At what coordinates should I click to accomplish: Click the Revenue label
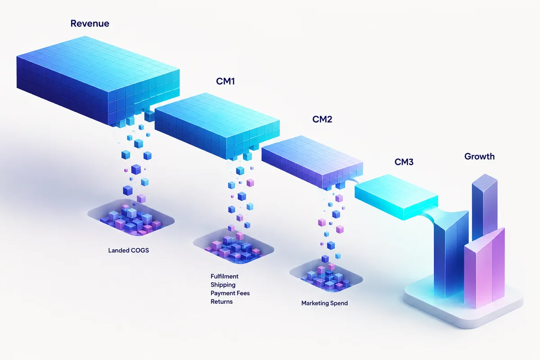(90, 23)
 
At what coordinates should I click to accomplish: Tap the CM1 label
(225, 81)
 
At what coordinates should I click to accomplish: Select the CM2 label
(322, 119)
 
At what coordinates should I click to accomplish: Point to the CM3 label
(404, 162)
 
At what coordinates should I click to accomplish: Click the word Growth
(480, 157)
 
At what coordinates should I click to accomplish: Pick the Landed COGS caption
(129, 250)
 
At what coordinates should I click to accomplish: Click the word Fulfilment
(225, 276)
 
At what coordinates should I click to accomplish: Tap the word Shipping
(223, 285)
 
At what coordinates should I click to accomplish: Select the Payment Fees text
(230, 293)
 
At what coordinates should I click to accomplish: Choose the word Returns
(221, 301)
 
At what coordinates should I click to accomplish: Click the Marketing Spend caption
(324, 303)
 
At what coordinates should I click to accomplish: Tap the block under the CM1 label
(217, 126)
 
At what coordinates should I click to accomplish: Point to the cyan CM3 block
(396, 197)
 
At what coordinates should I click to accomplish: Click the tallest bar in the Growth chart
(485, 207)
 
